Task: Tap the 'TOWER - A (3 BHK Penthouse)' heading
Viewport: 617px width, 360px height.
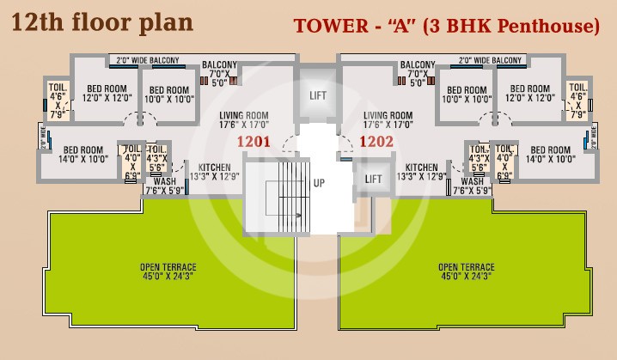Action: pyautogui.click(x=446, y=26)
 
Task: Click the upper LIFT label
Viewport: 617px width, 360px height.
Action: pyautogui.click(x=317, y=95)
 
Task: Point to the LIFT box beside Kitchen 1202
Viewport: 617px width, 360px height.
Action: pyautogui.click(x=373, y=179)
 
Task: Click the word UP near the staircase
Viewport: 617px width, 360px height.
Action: pyautogui.click(x=319, y=183)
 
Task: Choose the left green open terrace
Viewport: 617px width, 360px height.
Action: pyautogui.click(x=172, y=272)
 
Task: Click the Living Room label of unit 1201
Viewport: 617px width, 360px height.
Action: pyautogui.click(x=244, y=119)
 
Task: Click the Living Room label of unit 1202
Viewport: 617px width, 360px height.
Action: pyautogui.click(x=388, y=119)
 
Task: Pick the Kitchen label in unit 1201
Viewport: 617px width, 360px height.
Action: pyautogui.click(x=215, y=172)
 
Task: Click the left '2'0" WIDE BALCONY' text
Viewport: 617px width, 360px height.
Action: pyautogui.click(x=144, y=60)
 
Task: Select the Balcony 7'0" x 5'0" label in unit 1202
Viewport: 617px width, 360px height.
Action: pyautogui.click(x=417, y=74)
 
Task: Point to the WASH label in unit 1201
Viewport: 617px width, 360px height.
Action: pyautogui.click(x=165, y=186)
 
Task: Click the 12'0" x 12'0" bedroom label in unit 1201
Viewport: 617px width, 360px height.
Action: pyautogui.click(x=103, y=94)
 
